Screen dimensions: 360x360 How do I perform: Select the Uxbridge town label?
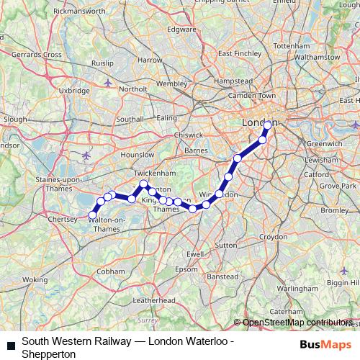click(74, 91)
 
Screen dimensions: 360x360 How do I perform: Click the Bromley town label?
click(334, 210)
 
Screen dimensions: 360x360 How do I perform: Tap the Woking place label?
click(35, 279)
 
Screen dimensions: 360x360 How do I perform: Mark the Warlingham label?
click(317, 288)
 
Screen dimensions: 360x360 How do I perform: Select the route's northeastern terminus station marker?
click(268, 125)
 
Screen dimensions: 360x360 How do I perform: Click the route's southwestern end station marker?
click(92, 214)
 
